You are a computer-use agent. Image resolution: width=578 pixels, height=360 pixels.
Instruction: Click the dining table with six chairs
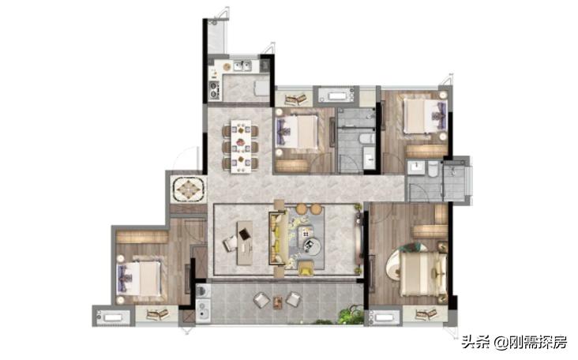(x=240, y=146)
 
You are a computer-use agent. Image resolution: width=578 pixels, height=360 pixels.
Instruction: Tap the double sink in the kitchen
(x=242, y=66)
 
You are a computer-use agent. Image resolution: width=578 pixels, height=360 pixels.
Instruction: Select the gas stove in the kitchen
(x=214, y=90)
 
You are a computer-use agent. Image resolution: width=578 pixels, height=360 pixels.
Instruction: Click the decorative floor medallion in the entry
(x=189, y=189)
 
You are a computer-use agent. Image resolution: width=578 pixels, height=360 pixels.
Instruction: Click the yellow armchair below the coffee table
(x=306, y=268)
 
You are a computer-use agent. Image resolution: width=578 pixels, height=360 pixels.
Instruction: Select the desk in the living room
(x=245, y=243)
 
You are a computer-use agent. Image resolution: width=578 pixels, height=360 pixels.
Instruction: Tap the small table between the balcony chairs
(x=278, y=302)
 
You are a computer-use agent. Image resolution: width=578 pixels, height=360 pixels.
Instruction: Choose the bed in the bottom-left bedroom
(x=139, y=278)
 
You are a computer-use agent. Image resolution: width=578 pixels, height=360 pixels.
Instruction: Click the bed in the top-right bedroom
(x=425, y=116)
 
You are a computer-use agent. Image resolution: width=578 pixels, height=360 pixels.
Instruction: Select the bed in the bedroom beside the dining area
(x=296, y=133)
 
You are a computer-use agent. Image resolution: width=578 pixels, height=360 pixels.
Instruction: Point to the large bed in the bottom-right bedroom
(x=423, y=273)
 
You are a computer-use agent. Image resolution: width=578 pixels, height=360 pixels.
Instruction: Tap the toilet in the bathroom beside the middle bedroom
(x=367, y=139)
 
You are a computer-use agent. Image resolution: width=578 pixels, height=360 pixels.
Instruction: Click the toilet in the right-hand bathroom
(x=433, y=169)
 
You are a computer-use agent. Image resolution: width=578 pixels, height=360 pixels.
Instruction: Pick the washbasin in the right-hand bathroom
(x=417, y=167)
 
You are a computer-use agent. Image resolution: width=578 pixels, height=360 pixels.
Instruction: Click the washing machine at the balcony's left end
(x=203, y=291)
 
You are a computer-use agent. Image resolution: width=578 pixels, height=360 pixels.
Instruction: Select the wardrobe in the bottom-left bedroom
(x=142, y=237)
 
